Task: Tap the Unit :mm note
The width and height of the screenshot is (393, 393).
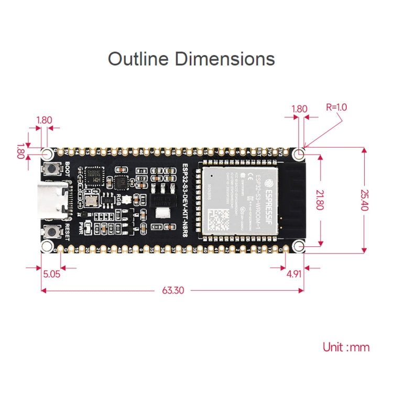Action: click(x=346, y=347)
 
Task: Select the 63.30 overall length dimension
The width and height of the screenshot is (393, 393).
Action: click(x=172, y=290)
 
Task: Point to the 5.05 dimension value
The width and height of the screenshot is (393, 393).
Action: click(x=52, y=273)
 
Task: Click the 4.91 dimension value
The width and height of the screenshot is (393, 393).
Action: click(x=294, y=273)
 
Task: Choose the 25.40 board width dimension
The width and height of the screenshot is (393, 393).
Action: click(x=363, y=200)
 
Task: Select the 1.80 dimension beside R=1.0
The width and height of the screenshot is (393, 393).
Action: click(x=299, y=109)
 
